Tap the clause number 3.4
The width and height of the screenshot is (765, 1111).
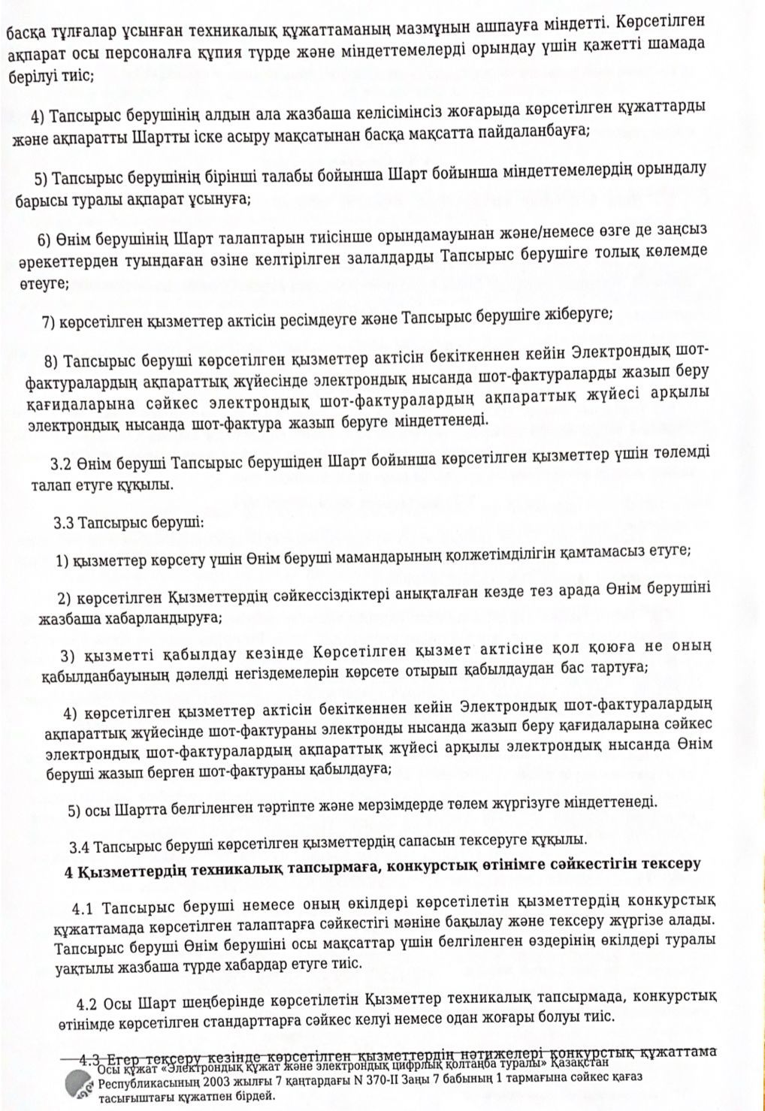pyautogui.click(x=80, y=847)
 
